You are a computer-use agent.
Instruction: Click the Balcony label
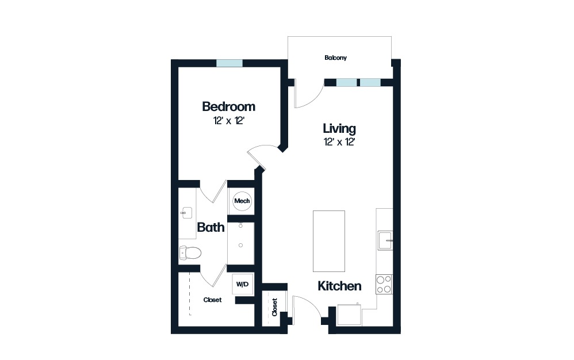[x=335, y=58]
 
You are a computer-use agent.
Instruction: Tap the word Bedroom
[x=228, y=107]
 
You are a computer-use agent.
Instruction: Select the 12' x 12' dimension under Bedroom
[x=228, y=121]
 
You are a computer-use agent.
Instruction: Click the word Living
[x=339, y=128]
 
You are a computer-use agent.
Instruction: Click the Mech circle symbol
[x=242, y=201]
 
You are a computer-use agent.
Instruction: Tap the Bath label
[x=211, y=227]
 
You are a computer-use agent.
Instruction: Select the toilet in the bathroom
[x=190, y=252]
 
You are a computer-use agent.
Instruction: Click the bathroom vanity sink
[x=185, y=212]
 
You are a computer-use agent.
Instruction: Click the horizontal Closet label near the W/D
[x=212, y=300]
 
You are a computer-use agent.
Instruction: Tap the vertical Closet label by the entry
[x=275, y=307]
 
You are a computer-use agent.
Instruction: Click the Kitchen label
[x=339, y=286]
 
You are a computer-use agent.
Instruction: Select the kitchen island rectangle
[x=329, y=240]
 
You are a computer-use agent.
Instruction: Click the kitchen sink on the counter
[x=384, y=240]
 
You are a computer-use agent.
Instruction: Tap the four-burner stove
[x=384, y=284]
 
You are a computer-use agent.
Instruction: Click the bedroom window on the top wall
[x=229, y=63]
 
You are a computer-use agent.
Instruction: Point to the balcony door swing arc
[x=308, y=95]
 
